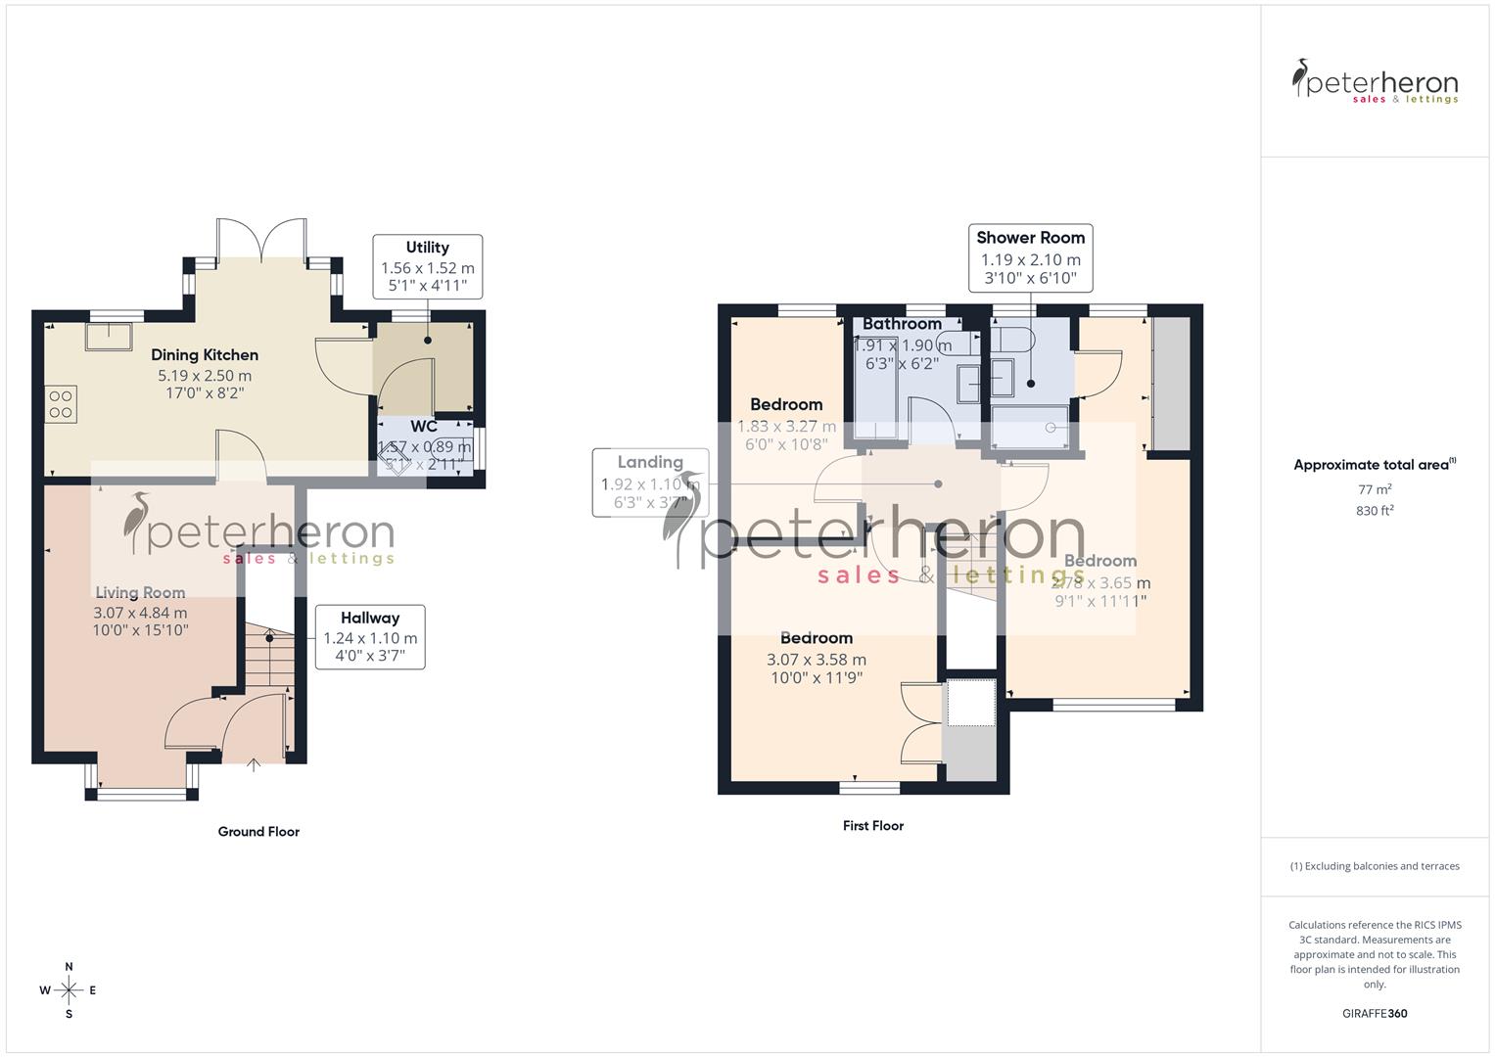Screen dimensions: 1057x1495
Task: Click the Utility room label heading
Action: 427,248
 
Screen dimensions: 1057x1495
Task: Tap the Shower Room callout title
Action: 1030,238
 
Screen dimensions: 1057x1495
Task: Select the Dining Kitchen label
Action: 205,355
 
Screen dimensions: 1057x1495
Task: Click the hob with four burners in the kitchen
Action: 61,404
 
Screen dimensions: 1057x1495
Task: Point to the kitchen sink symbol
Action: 108,336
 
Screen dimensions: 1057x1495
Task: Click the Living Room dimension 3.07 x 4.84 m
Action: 141,613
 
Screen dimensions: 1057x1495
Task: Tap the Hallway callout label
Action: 370,618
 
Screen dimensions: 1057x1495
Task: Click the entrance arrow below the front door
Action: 253,764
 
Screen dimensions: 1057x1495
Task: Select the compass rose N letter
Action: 69,967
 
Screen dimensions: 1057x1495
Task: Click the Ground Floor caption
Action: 258,832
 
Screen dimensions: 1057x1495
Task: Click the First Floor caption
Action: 872,826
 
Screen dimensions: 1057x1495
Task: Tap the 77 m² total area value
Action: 1375,489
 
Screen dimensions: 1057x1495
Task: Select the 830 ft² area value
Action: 1375,511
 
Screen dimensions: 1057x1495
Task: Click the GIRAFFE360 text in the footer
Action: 1375,1014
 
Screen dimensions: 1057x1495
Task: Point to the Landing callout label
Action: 650,462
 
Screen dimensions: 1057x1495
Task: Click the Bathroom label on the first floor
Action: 902,324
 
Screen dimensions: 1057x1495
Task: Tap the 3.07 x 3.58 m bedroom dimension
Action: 817,660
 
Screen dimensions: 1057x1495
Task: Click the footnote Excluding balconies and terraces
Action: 1375,866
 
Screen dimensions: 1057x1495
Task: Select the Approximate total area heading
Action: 1371,466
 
